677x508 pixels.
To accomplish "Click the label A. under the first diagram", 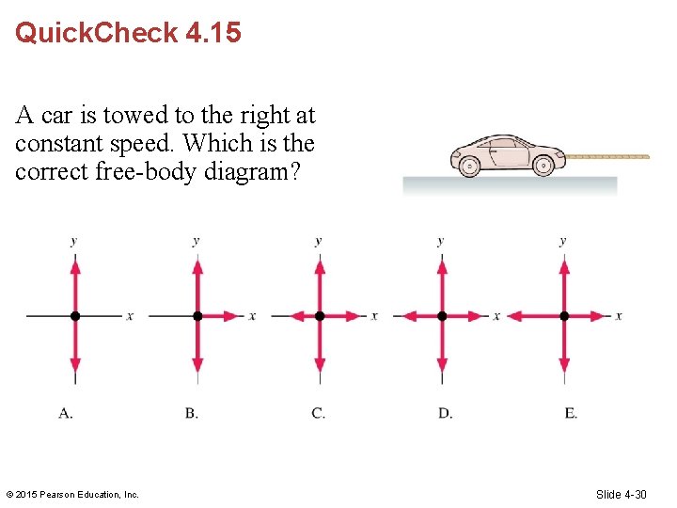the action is tap(66, 413).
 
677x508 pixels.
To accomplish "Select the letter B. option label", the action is tap(192, 413).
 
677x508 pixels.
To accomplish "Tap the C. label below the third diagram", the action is tap(318, 413).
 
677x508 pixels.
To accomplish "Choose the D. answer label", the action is tap(445, 413).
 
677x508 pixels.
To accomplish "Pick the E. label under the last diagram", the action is tap(571, 413).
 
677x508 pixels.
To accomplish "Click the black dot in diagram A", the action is tap(75, 316).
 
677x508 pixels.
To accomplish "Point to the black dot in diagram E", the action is tap(564, 316).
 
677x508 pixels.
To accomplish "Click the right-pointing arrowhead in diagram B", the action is tap(234, 316).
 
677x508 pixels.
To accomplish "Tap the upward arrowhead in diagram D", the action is tap(442, 267).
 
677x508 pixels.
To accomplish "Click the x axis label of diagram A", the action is tap(130, 316).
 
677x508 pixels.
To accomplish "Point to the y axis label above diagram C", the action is tap(319, 241).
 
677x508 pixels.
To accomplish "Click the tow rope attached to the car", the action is tap(606, 156).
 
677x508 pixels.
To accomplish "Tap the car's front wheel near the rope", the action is tap(543, 167).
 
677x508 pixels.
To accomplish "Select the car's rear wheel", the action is tap(470, 167).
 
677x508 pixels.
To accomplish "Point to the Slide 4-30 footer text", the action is tap(621, 494).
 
